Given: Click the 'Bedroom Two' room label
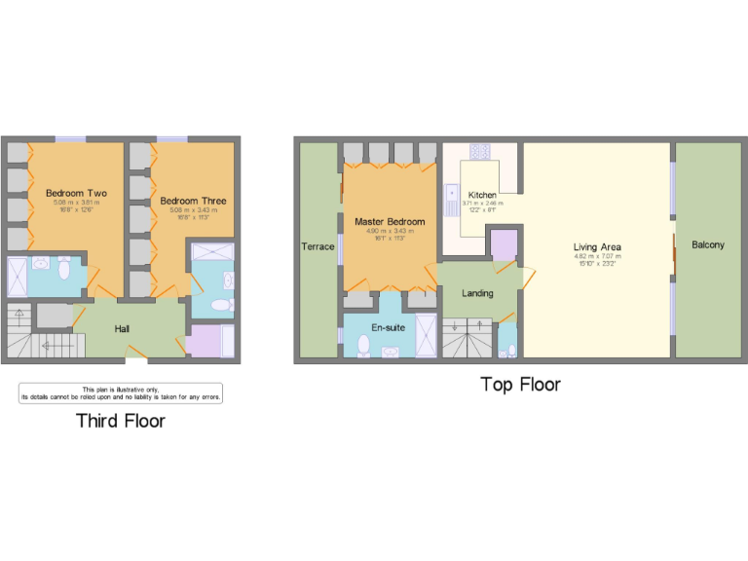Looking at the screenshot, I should pyautogui.click(x=76, y=193).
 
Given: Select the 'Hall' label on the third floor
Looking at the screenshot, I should pyautogui.click(x=122, y=329).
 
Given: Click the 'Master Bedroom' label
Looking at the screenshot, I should pyautogui.click(x=390, y=221).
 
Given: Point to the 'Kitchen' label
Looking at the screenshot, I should pyautogui.click(x=482, y=195).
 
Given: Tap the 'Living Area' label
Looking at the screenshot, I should pyautogui.click(x=597, y=247).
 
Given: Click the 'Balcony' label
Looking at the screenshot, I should pyautogui.click(x=708, y=245).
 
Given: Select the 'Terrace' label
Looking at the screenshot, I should pyautogui.click(x=318, y=246).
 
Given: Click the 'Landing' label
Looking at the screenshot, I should pyautogui.click(x=477, y=293).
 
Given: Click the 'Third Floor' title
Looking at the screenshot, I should pyautogui.click(x=121, y=421).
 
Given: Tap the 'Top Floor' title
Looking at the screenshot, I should pyautogui.click(x=521, y=385).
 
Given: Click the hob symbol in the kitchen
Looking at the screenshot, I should pyautogui.click(x=480, y=151).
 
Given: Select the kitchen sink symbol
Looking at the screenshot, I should pyautogui.click(x=451, y=201).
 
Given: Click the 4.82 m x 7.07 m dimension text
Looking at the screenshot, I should pyautogui.click(x=597, y=257).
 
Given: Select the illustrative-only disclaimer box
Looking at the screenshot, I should pyautogui.click(x=121, y=393).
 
